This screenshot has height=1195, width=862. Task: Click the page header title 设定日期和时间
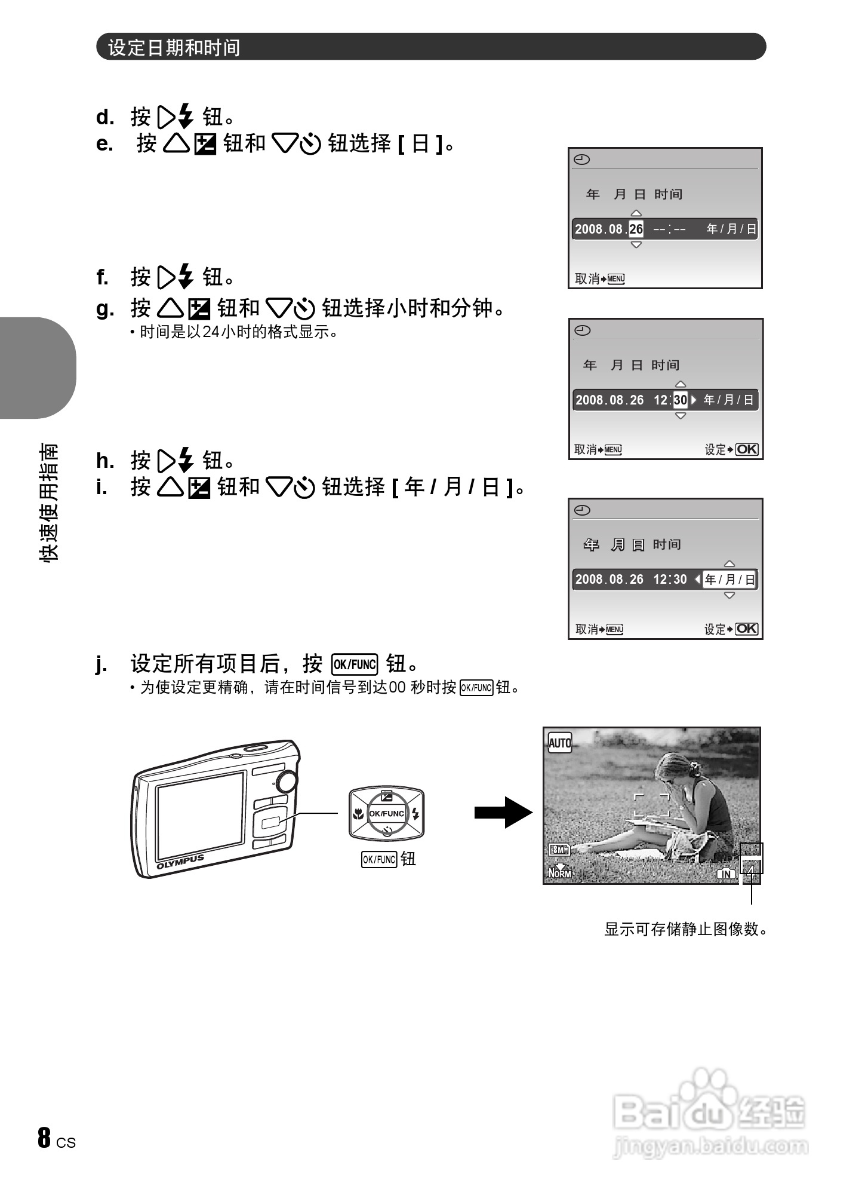click(174, 47)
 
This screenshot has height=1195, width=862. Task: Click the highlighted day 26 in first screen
click(636, 229)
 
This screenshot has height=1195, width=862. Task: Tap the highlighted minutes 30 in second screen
click(680, 400)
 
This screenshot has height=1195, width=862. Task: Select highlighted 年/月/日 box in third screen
click(729, 579)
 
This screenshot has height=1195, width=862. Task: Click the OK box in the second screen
click(746, 449)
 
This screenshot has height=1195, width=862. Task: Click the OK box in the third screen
click(746, 629)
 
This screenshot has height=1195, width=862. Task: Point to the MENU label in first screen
click(615, 279)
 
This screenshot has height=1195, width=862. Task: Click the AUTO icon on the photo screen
click(559, 743)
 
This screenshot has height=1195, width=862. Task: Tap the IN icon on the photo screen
click(726, 874)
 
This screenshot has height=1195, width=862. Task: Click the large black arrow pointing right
click(503, 812)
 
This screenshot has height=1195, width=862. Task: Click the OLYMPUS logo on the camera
click(180, 862)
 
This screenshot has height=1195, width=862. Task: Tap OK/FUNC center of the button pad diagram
click(386, 813)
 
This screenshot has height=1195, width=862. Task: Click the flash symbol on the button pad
click(416, 814)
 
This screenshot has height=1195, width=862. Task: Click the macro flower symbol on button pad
click(358, 814)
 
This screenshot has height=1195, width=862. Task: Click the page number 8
click(44, 1138)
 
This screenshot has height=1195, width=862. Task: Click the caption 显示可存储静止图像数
click(686, 929)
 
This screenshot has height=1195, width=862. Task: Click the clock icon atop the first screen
click(582, 160)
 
